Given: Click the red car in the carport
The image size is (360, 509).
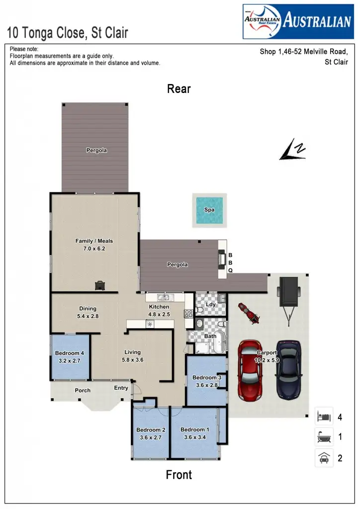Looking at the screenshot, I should tap(250, 370).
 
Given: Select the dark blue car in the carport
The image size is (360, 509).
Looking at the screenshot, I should tap(289, 370).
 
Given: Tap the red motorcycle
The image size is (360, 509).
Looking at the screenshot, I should tap(247, 313).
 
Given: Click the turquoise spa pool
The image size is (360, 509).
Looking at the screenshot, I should tap(209, 210).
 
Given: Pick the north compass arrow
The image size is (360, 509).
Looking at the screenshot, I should tap(293, 151).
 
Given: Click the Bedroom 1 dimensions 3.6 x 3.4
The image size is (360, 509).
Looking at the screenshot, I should tap(195, 437).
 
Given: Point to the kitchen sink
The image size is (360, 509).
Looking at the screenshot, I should tap(164, 298).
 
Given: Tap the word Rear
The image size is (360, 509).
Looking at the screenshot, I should tap(179, 89).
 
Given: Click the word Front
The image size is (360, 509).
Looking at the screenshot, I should tap(179, 475).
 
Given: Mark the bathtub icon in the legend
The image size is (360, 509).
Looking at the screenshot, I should tap(324, 437).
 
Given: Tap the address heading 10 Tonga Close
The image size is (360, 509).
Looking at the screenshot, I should tap(68, 33).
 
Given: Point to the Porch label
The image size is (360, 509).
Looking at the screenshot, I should tap(83, 390).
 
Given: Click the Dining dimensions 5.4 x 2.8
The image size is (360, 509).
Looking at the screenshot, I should tap(88, 316).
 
